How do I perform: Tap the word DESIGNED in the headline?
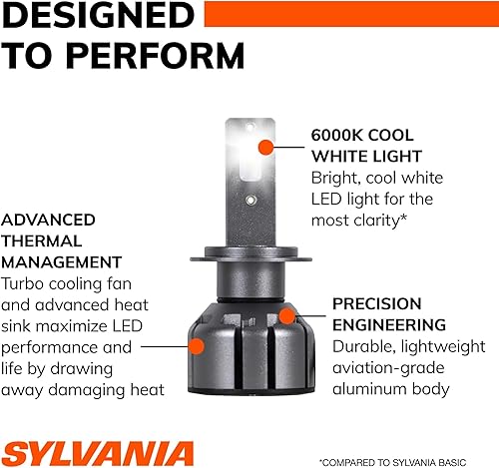[95, 16]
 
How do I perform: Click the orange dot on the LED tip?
[265, 148]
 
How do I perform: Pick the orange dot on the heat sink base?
[198, 347]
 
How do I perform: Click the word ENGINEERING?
[388, 325]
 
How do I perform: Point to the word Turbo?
[26, 283]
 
